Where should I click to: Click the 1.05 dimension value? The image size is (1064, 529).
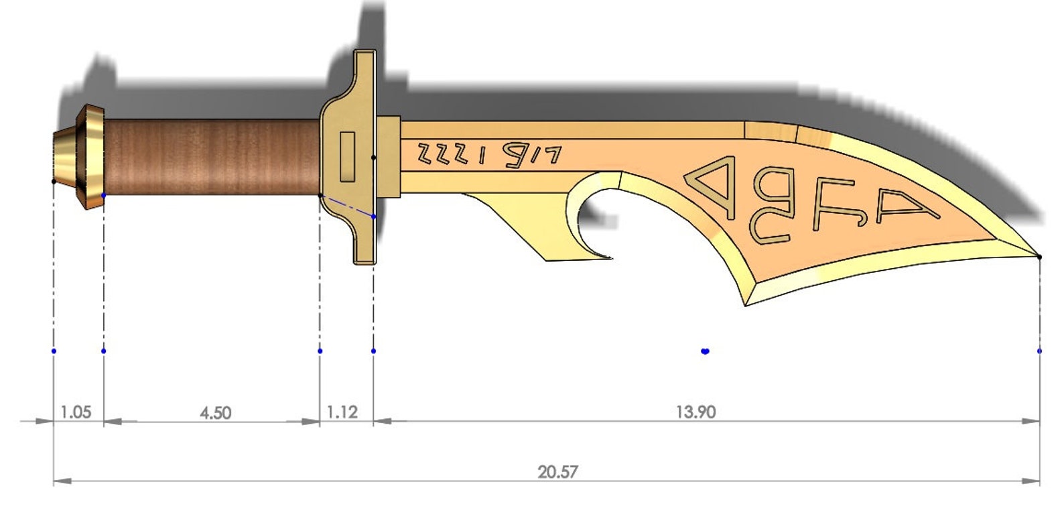click(x=75, y=412)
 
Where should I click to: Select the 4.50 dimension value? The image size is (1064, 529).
click(x=215, y=412)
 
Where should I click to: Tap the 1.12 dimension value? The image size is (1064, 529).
click(x=342, y=412)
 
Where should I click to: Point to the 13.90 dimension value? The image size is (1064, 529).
click(x=695, y=412)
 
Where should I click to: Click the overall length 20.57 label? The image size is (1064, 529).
click(x=557, y=472)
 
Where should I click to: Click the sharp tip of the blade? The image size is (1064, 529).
click(x=1038, y=256)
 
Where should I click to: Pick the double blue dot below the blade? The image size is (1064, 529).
click(x=705, y=351)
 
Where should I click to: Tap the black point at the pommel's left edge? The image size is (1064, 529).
click(x=54, y=181)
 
